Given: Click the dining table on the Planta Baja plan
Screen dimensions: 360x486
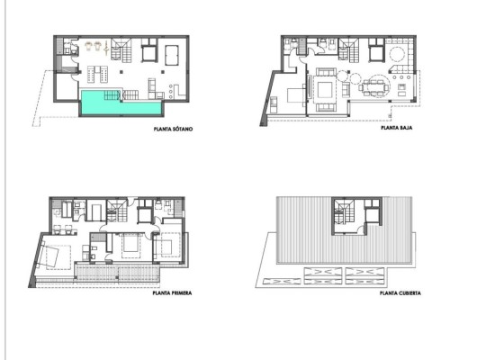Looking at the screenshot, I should (x=373, y=88).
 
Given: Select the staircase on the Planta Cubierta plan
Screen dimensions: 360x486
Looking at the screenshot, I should (x=341, y=214).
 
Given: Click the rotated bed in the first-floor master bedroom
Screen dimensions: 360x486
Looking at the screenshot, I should (x=53, y=256).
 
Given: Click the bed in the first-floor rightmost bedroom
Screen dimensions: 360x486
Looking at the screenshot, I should (x=168, y=245).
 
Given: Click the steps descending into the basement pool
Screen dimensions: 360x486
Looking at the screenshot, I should (x=111, y=94).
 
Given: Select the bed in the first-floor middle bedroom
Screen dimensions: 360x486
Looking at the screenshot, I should (x=130, y=243).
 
